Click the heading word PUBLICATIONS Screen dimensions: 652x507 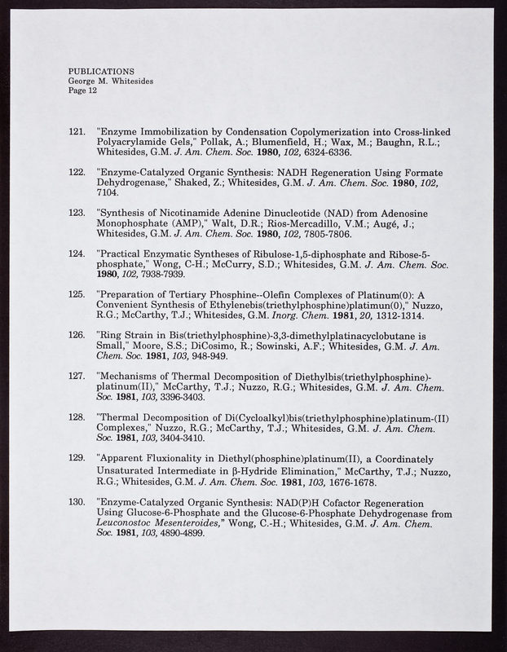tap(101, 71)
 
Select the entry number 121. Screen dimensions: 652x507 tap(78, 132)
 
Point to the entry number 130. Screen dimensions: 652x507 tap(78, 502)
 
